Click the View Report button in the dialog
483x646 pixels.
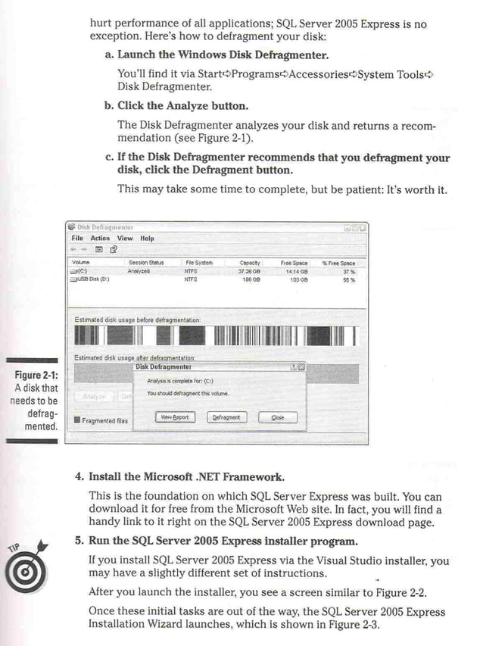tap(174, 417)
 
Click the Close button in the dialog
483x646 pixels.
tap(278, 417)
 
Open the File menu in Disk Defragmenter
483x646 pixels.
tap(78, 238)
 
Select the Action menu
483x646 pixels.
tap(100, 238)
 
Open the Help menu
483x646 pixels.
tap(147, 238)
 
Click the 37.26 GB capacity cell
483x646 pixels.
tap(250, 270)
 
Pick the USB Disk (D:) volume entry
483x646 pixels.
tap(91, 279)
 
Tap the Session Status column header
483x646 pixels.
tap(145, 262)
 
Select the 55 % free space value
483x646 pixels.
tap(349, 279)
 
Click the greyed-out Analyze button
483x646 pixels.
tap(93, 396)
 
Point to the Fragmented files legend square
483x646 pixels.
tap(76, 420)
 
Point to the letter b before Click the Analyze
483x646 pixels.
tap(109, 105)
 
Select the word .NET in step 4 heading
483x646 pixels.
tap(194, 477)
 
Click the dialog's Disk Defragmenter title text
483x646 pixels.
tap(164, 367)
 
